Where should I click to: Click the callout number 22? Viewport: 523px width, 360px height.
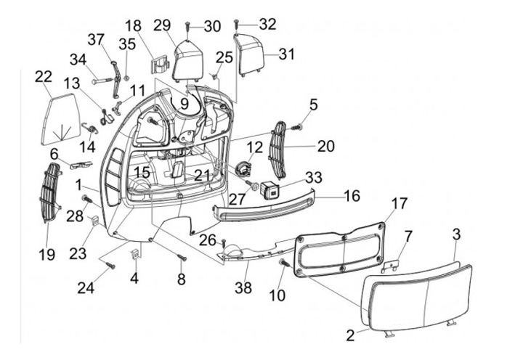click(x=44, y=77)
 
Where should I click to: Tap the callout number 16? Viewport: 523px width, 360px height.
click(x=352, y=196)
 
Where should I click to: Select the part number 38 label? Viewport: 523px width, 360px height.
click(x=243, y=287)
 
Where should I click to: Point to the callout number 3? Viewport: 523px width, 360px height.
click(x=457, y=234)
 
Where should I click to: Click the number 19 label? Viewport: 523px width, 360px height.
click(x=46, y=255)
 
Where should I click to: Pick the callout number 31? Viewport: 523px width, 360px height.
click(x=287, y=54)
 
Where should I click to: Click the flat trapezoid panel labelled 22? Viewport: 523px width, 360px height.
click(x=61, y=119)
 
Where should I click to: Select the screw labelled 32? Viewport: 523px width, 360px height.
click(x=237, y=24)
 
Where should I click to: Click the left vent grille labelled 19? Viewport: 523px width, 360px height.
click(x=51, y=192)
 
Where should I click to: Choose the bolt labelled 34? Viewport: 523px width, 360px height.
click(x=102, y=81)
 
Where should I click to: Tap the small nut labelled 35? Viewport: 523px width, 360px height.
click(x=126, y=78)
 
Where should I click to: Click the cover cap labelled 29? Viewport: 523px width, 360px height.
click(x=188, y=62)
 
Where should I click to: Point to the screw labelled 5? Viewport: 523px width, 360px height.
click(x=297, y=127)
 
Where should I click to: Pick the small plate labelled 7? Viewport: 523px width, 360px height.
click(x=392, y=266)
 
